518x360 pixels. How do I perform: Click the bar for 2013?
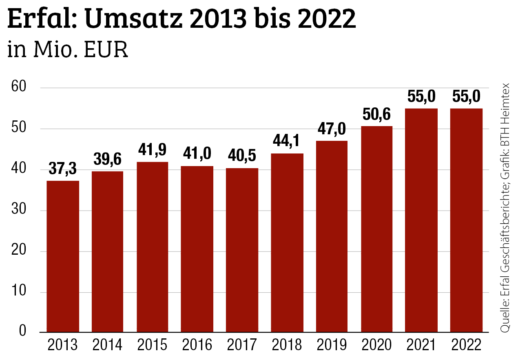tap(63, 256)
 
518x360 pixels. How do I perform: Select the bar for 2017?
tap(242, 250)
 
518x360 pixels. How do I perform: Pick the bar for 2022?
tap(466, 220)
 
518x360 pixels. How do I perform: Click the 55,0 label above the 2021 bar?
tap(421, 97)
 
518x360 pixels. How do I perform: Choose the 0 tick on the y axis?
tap(22, 331)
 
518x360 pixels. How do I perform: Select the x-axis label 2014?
tap(107, 345)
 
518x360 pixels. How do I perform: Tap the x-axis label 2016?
tap(197, 345)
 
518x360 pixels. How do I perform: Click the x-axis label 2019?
tap(332, 345)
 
